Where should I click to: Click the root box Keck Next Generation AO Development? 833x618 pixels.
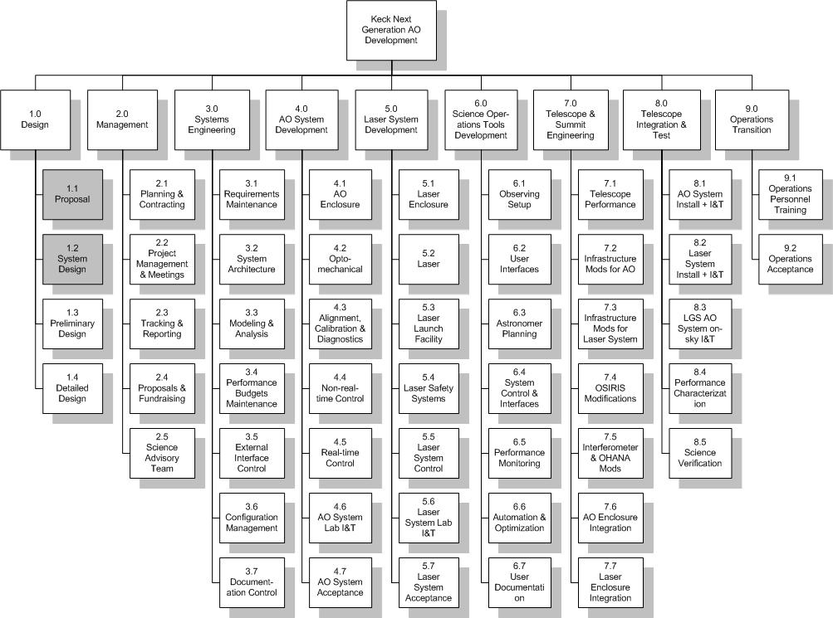[391, 30]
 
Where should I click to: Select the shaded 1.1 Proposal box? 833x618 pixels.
[72, 195]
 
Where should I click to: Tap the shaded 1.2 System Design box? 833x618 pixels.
[72, 260]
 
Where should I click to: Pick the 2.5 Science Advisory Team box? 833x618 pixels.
[162, 454]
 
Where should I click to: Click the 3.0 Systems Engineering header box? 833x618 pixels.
[212, 120]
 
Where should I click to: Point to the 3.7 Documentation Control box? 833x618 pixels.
[252, 583]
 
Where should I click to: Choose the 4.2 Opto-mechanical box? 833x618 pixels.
[340, 260]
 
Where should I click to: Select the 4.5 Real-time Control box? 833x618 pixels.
[340, 454]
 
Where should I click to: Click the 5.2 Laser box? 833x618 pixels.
[429, 260]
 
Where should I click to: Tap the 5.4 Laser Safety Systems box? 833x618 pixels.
[429, 389]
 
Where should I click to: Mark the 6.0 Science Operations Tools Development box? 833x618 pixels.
[481, 120]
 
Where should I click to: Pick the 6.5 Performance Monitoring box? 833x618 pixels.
[520, 454]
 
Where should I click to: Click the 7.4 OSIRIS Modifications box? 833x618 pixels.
[610, 389]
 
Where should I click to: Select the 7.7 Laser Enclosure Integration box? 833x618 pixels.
[610, 583]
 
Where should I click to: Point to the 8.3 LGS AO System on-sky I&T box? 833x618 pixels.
[700, 324]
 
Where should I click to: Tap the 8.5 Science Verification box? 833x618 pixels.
[700, 454]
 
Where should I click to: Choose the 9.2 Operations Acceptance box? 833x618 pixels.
[791, 260]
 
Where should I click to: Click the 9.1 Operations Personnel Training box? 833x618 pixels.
[791, 195]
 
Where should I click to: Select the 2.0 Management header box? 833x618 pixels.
[122, 120]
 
